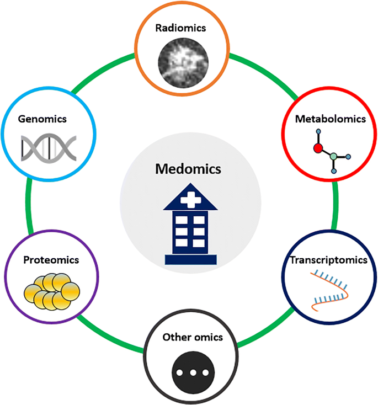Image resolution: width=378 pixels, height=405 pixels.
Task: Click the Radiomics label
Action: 182,28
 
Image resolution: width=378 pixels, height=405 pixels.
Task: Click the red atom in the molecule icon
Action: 317,148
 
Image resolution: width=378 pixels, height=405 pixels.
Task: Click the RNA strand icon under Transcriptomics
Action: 330,289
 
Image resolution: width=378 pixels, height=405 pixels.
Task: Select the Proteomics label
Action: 51,259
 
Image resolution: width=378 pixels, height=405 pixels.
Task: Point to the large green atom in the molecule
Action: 333,157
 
